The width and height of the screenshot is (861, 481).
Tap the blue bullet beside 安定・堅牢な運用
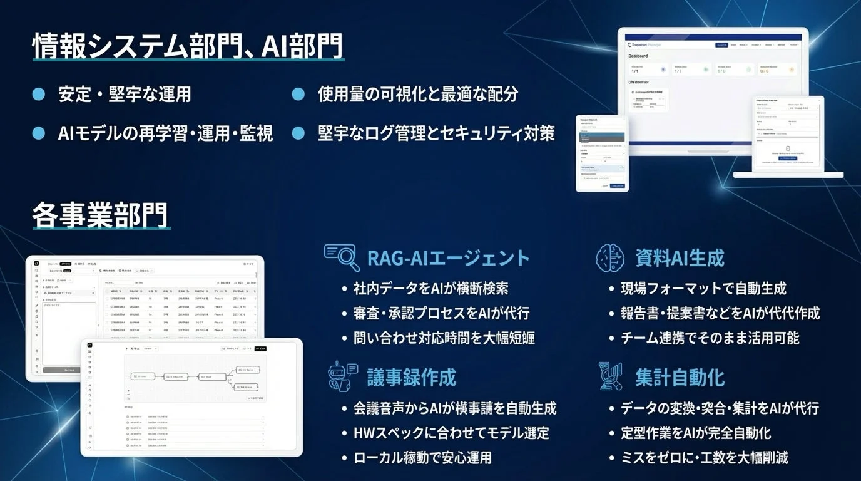point(39,94)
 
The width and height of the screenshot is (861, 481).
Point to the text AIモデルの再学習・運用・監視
point(166,133)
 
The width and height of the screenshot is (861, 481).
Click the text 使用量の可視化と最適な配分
point(418,94)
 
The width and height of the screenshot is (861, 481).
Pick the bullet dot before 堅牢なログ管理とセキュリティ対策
point(298,133)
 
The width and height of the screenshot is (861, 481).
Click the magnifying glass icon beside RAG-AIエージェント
point(342,257)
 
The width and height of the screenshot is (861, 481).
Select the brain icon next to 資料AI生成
point(610,257)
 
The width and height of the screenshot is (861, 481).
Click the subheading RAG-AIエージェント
point(448,257)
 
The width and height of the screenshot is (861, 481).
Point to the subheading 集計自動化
point(680,377)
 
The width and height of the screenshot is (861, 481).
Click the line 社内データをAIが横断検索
point(430,289)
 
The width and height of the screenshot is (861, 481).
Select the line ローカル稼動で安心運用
point(423,457)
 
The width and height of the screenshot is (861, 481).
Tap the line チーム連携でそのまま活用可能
point(710,338)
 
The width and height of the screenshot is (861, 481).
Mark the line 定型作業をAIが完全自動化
point(695,433)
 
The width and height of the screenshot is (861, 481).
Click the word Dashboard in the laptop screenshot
point(638,56)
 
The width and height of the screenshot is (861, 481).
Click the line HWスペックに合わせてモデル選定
point(451,433)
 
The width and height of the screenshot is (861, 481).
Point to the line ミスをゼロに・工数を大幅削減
point(704,457)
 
